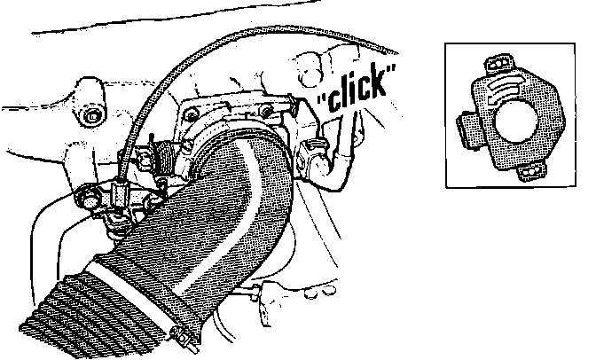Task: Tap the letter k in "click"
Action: coord(381,83)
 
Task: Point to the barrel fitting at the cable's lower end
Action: coord(122,188)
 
